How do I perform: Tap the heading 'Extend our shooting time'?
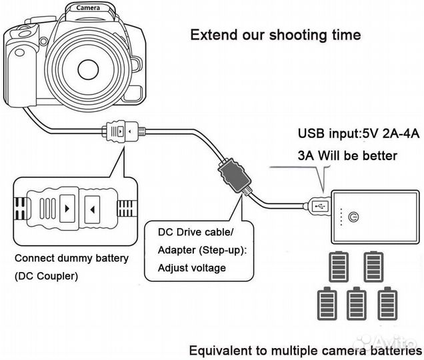click(276, 34)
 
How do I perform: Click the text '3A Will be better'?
click(347, 156)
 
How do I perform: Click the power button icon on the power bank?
click(353, 217)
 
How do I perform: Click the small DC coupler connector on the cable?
click(121, 132)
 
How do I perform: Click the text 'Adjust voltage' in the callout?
click(192, 268)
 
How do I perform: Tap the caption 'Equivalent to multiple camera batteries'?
click(305, 350)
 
